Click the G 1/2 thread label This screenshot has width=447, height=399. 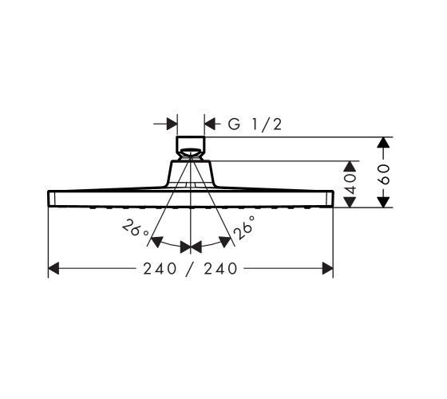tap(255, 124)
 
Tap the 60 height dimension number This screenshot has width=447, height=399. tap(384, 174)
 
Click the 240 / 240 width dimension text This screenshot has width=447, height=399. tap(190, 268)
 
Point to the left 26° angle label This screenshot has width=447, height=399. tap(135, 228)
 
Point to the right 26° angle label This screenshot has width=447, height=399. tap(243, 228)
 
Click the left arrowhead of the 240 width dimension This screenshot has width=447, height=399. tap(53, 268)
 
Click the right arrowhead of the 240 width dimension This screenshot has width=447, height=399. tap(328, 268)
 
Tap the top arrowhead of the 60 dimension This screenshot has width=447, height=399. tap(383, 142)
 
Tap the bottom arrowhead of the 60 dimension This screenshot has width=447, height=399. tap(383, 202)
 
